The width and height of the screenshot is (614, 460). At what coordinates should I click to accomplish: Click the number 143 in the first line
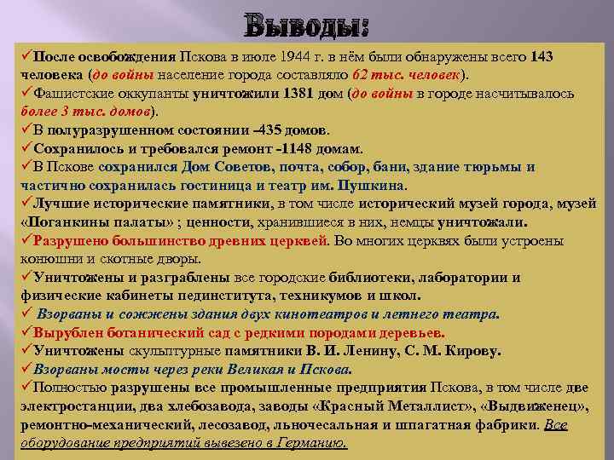tap(541, 57)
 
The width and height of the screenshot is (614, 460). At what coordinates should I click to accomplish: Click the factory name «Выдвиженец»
tap(532, 406)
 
